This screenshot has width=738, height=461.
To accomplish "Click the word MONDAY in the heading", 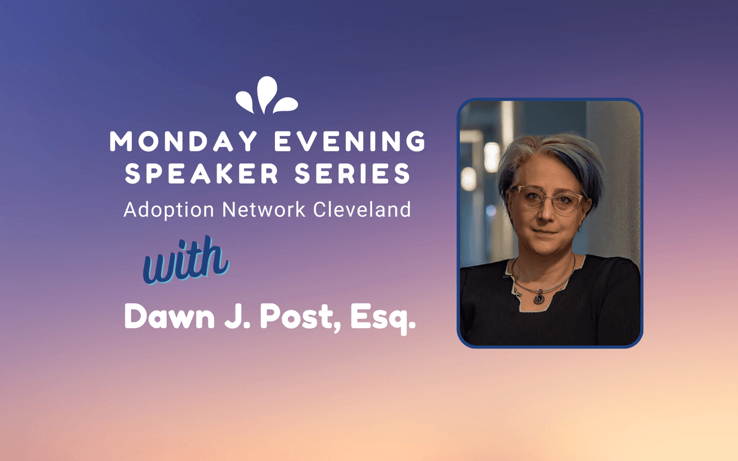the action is pos(183,141).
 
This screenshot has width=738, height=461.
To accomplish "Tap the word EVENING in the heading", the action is pos(350,141).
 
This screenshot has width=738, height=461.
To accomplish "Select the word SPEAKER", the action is pos(202,173).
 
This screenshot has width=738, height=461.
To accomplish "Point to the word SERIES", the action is pos(352,173).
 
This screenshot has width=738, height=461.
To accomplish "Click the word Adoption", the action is pos(169,210).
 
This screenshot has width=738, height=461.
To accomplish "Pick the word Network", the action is pos(264,210).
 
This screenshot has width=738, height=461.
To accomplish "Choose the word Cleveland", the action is pos(362,210).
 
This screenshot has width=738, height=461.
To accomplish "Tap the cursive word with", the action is pos(186,260).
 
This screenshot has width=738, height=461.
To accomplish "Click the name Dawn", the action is pos(169,317).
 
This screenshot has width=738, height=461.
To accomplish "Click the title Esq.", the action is pos(383,319).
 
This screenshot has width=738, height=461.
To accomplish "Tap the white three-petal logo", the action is pos(267,95).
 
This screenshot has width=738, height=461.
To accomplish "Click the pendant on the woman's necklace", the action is pos(539,297).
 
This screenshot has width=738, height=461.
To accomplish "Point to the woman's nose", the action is pos(546,213).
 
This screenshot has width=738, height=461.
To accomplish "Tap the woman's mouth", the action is pos(546,232).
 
